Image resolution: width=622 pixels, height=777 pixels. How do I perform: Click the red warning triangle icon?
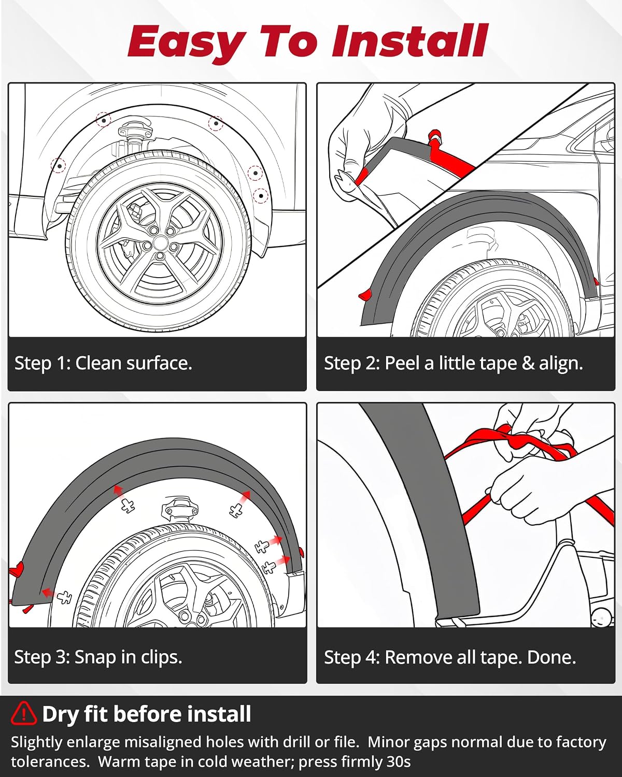23,713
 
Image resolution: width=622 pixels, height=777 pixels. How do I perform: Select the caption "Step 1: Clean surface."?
103,363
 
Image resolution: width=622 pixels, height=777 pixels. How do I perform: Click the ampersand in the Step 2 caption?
528,363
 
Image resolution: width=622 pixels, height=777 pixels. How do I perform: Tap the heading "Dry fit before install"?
146,714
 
